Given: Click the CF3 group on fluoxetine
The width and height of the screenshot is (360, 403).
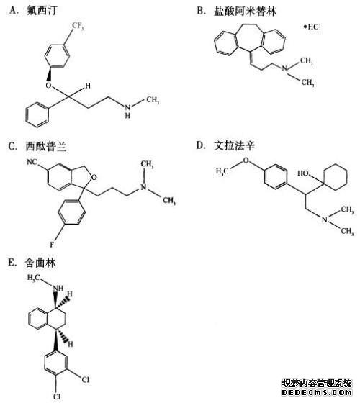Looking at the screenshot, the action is coord(78,26).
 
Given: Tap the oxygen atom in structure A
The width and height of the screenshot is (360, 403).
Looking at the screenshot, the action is coord(49,86).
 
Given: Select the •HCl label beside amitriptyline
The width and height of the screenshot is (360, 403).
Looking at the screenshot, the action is coord(312,27).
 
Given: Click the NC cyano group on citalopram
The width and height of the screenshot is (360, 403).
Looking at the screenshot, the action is coord(32,162).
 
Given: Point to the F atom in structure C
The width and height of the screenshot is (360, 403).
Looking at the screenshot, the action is coord(52,245).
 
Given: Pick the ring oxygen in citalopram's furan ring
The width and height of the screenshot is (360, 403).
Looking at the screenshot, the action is coord(94,177).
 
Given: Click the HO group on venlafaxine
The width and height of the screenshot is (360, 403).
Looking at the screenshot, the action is coord(303,173).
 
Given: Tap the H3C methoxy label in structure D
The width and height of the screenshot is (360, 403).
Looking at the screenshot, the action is coord(222,171).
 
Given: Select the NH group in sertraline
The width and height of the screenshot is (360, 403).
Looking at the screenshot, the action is coord(58,288).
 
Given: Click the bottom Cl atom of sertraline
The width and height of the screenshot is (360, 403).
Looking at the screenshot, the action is coord(57,397).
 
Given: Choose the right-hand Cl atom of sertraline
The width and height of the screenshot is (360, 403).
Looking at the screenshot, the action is coord(86,379).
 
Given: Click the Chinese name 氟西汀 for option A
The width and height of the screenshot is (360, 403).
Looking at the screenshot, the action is coord(42,11).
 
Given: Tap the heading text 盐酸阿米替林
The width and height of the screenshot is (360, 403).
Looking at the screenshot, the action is coord(245,11).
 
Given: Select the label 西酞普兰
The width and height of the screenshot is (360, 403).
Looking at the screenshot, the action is coord(46,147).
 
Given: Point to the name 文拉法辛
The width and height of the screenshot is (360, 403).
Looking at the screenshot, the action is coord(234,145).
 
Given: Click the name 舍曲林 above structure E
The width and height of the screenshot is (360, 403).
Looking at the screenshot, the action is coord(40,263).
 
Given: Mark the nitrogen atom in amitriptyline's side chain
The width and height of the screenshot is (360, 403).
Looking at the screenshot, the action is coord(284,68).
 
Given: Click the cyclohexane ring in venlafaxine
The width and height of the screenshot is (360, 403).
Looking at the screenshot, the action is coord(335,177).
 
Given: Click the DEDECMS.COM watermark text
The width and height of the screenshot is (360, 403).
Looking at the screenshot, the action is coord(317,392).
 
